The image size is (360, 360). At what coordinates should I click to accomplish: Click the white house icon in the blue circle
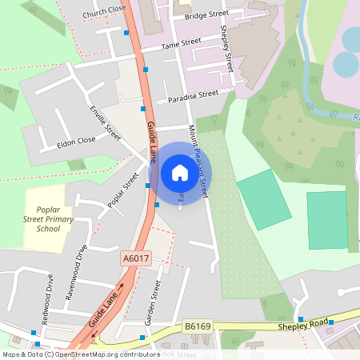coord(179,172)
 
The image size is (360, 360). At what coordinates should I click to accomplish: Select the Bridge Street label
coord(206,14)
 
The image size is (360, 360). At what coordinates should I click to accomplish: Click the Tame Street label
coord(181,43)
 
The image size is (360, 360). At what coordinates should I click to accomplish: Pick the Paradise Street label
coord(193,95)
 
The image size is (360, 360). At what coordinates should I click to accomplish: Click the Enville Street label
coord(105,123)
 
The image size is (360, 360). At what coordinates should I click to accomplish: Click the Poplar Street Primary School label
coord(43,217)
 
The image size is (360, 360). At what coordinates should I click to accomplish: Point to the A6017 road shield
coord(136,259)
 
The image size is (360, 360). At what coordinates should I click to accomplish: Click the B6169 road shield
coord(198,326)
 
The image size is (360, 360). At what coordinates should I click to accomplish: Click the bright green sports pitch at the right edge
coord(327,219)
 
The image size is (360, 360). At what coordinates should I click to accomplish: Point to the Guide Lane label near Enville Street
coord(151,141)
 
